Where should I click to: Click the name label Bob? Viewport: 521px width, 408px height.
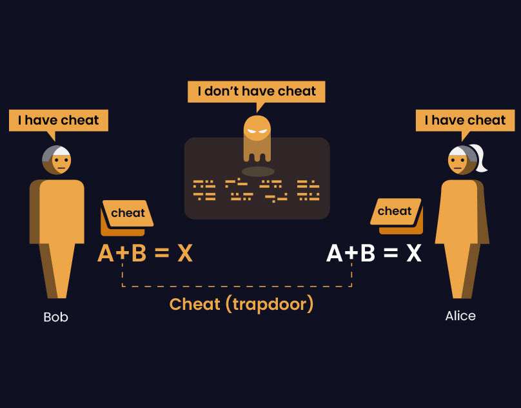[x=55, y=317]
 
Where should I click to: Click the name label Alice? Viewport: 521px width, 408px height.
[x=460, y=316]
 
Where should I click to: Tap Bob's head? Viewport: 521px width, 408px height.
[x=57, y=159]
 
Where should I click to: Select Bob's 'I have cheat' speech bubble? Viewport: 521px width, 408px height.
[x=58, y=120]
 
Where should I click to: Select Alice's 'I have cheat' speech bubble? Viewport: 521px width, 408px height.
[x=465, y=120]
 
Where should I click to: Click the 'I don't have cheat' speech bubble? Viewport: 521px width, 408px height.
[x=257, y=91]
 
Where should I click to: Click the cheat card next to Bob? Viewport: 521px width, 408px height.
[x=128, y=214]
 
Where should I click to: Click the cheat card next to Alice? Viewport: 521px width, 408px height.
[x=395, y=212]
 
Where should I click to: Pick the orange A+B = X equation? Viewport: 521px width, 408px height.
[x=145, y=254]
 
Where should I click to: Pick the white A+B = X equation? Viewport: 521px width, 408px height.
[x=374, y=254]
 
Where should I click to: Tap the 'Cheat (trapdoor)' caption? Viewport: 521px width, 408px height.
[x=241, y=304]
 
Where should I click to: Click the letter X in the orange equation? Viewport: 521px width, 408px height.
[x=185, y=254]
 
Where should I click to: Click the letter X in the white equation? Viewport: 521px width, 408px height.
[x=414, y=254]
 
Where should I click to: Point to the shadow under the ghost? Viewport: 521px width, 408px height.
[x=258, y=172]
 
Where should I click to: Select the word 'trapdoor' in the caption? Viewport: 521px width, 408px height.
[x=269, y=305]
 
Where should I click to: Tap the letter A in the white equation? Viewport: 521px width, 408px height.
[x=335, y=254]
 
